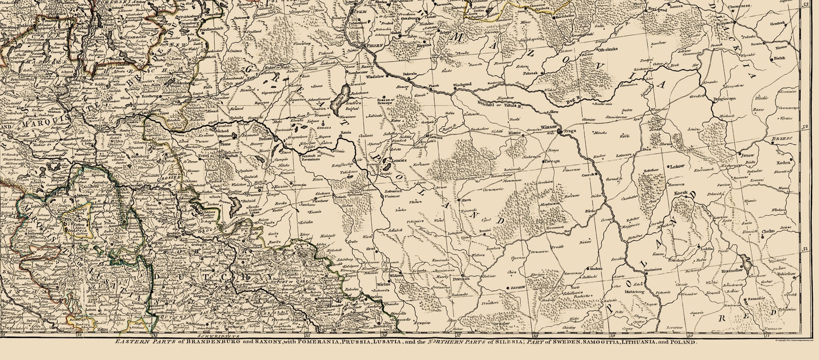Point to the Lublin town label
point(706,248)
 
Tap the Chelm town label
point(769,231)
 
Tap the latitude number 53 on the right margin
point(806,5)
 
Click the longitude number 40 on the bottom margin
point(690,336)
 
